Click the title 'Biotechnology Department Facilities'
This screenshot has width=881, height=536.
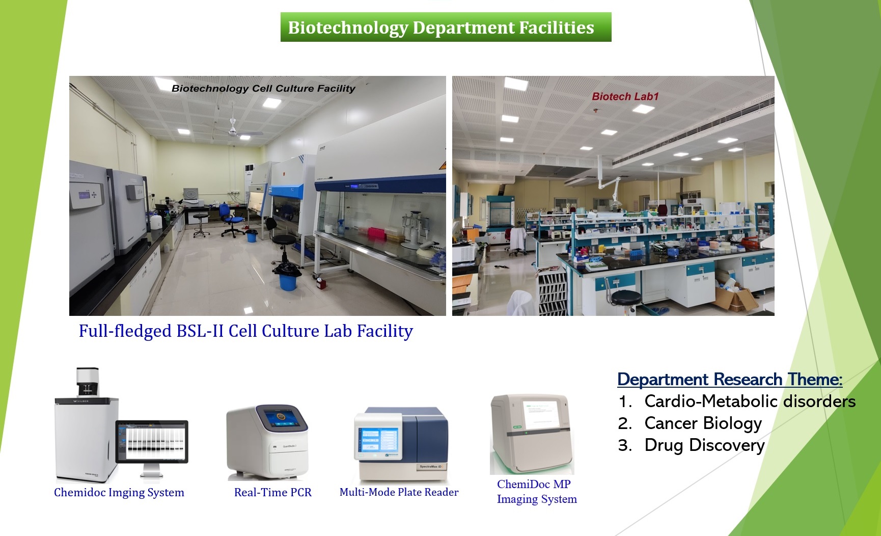click(441, 28)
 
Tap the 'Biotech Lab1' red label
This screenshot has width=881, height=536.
click(625, 96)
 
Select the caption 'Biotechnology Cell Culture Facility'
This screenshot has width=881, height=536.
click(263, 88)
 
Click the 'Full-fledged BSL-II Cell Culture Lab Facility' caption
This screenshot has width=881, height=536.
click(245, 331)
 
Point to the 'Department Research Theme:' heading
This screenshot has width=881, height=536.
click(730, 380)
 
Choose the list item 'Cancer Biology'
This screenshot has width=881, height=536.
click(703, 423)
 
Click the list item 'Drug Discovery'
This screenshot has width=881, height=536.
click(704, 445)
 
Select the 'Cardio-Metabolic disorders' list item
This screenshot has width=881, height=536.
click(750, 401)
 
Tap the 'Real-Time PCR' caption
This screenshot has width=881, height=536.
click(272, 492)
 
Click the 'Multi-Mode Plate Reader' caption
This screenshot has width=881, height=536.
click(399, 492)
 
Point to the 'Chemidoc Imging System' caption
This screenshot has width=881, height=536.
click(119, 493)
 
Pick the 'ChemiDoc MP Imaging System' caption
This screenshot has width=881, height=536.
click(537, 492)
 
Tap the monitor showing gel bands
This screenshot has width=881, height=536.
click(152, 441)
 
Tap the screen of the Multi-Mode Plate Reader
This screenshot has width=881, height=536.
click(378, 440)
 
